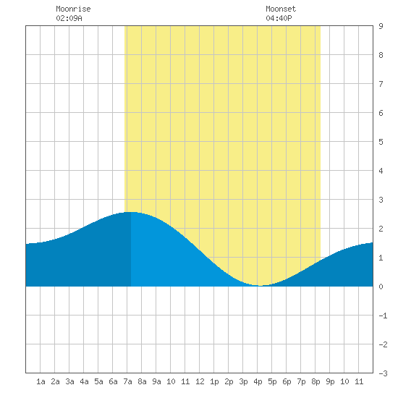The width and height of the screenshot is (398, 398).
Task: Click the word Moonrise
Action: pyautogui.click(x=73, y=9)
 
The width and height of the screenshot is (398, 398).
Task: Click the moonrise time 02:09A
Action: pyautogui.click(x=69, y=18)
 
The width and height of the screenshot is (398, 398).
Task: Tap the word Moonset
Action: pyautogui.click(x=281, y=9)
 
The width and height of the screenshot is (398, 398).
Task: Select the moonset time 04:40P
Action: pyautogui.click(x=279, y=18)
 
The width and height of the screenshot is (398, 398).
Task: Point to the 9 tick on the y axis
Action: pyautogui.click(x=381, y=26)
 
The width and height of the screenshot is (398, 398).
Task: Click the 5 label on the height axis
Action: pyautogui.click(x=381, y=142)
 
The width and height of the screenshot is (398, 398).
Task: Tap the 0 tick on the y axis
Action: pyautogui.click(x=381, y=287)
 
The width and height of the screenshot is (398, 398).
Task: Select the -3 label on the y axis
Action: pyautogui.click(x=383, y=373)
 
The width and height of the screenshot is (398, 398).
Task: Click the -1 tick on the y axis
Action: pyautogui.click(x=383, y=316)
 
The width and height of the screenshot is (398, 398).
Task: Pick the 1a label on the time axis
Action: pyautogui.click(x=41, y=381)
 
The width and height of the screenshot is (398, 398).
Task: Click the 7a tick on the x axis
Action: pyautogui.click(x=127, y=381)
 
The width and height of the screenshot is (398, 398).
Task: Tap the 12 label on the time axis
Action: pyautogui.click(x=200, y=381)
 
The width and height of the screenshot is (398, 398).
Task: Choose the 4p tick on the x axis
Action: pyautogui.click(x=258, y=381)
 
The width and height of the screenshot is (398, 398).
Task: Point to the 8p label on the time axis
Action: pyautogui.click(x=316, y=381)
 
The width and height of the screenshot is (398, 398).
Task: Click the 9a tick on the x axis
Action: pyautogui.click(x=156, y=381)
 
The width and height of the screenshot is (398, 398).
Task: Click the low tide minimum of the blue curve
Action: pyautogui.click(x=261, y=286)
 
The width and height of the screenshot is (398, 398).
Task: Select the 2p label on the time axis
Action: pyautogui.click(x=229, y=381)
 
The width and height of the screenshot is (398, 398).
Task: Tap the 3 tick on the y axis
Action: pyautogui.click(x=381, y=200)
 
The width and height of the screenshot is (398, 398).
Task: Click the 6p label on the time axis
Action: pyautogui.click(x=287, y=381)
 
